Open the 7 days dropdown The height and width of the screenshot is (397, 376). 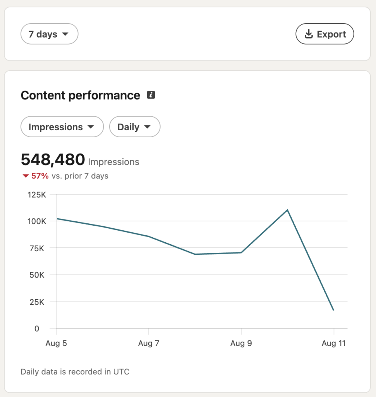point(49,34)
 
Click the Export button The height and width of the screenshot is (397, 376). point(324,34)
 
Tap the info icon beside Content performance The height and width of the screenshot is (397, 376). point(151,95)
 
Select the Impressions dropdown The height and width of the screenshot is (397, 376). point(62,127)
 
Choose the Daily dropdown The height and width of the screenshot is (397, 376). point(135,127)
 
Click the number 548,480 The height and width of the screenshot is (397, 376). point(53,159)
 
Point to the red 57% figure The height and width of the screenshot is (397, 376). point(40,176)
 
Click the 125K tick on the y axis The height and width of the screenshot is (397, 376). point(37,195)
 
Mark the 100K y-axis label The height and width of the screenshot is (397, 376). point(37,221)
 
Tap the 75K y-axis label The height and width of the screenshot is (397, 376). point(37,249)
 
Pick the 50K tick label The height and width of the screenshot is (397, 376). point(37,275)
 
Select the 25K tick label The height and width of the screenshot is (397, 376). point(37,302)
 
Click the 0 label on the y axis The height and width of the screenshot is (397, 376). point(37,329)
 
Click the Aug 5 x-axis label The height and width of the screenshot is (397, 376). point(56,343)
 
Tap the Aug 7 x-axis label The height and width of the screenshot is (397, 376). point(149,343)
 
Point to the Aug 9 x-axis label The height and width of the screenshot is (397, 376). point(241,343)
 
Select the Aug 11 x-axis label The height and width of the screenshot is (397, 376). point(333,343)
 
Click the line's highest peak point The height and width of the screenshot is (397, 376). point(287,210)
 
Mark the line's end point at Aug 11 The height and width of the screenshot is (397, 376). point(333,310)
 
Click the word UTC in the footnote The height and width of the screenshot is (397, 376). point(121,372)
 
